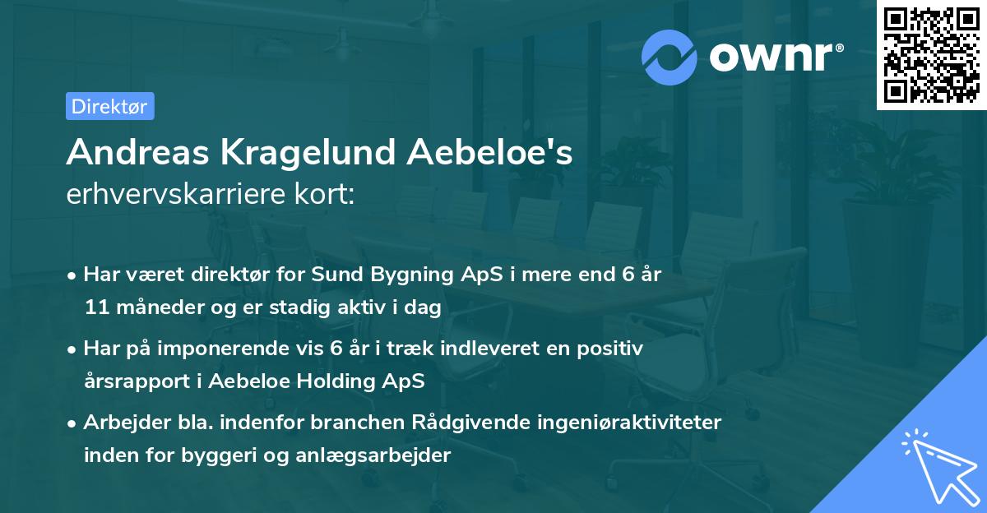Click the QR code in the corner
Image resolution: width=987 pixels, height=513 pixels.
(931, 54)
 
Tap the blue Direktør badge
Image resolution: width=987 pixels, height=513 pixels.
(109, 106)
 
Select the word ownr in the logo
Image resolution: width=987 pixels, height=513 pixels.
(775, 57)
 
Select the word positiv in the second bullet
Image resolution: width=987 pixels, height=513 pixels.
(610, 349)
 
